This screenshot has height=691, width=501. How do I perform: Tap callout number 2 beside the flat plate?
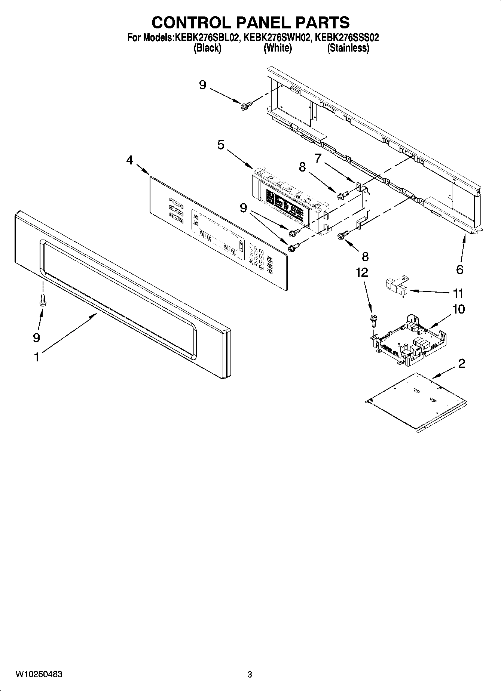coord(461,363)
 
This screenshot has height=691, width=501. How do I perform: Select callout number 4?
coord(129,160)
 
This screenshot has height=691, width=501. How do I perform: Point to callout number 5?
coord(221,145)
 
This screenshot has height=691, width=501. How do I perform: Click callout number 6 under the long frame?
coord(460,269)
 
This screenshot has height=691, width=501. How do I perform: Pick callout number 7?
coord(318,158)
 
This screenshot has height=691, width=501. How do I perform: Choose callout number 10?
coord(459,309)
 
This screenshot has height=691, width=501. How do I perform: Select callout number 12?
coord(362,273)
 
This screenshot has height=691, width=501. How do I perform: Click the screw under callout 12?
coord(373,320)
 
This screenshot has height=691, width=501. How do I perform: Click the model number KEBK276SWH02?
coord(277,38)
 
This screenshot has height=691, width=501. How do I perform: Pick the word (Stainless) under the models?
coord(348,48)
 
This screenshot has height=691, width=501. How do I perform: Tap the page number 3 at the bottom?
coord(250,675)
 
